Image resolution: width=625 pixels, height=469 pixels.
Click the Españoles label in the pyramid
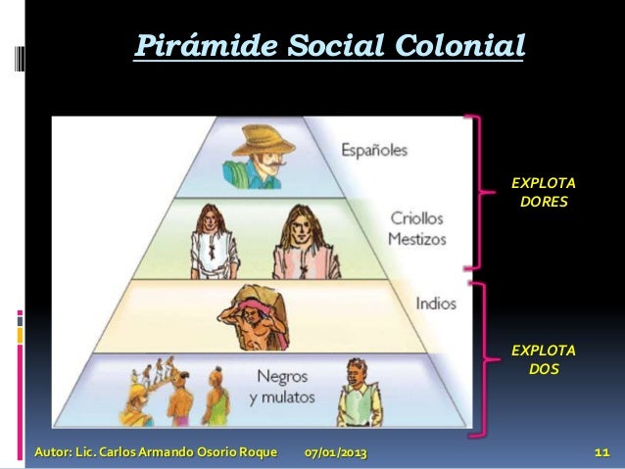tap(374, 151)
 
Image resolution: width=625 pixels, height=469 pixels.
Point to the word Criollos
tap(417, 217)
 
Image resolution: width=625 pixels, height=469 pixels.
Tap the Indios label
tap(435, 303)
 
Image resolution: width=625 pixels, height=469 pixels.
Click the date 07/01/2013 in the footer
tap(337, 454)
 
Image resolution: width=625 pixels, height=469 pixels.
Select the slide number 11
tap(602, 454)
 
